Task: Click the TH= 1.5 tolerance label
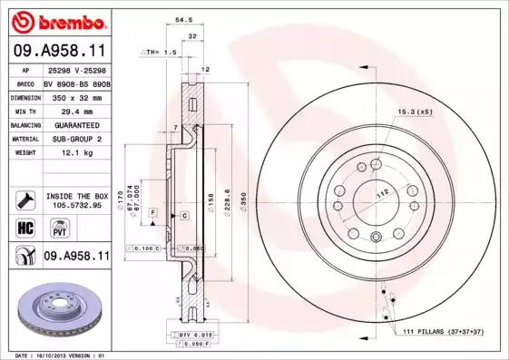[x=160, y=53]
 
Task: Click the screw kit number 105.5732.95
[x=76, y=206]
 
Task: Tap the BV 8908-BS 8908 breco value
[x=76, y=83]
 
